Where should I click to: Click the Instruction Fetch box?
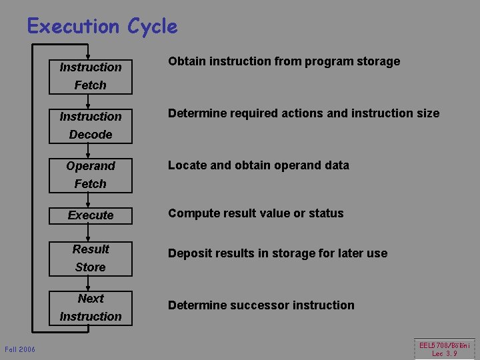click(91, 76)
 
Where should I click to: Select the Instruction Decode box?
click(91, 125)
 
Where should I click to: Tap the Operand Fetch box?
click(91, 175)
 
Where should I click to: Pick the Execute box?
click(91, 215)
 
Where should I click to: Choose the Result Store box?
click(91, 258)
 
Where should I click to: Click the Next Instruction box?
click(91, 307)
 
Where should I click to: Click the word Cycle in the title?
click(152, 27)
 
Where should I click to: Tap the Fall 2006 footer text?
click(20, 349)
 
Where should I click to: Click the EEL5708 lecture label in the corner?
click(444, 349)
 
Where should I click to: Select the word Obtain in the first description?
click(187, 61)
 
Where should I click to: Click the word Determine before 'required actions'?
click(197, 113)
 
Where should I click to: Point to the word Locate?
click(187, 165)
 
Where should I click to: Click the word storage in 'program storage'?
click(377, 61)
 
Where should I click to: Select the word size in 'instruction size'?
click(427, 113)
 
